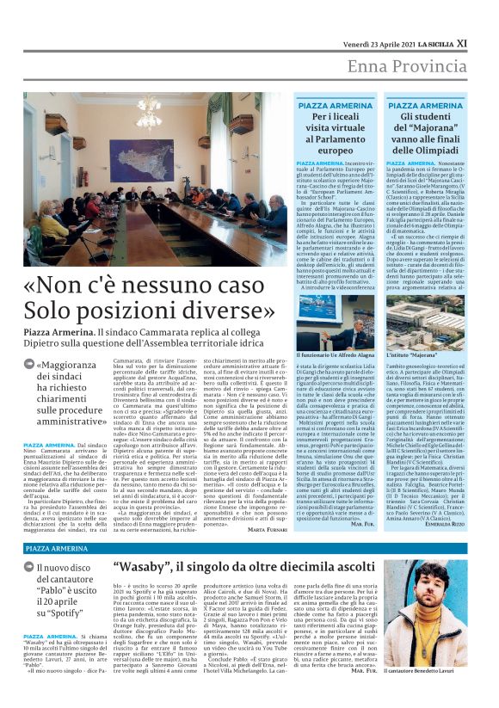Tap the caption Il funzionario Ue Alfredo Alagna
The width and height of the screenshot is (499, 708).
(x=336, y=354)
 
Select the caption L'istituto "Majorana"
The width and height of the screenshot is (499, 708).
(x=410, y=354)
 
